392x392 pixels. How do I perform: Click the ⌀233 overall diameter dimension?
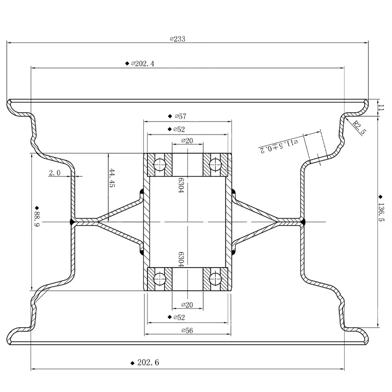[178, 39]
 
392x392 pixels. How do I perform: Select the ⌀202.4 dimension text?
[143, 64]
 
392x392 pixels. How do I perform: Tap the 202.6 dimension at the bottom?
[148, 363]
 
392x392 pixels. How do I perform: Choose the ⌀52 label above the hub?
[179, 129]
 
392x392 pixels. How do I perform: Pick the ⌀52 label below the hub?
[179, 317]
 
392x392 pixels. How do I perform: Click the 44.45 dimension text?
[112, 178]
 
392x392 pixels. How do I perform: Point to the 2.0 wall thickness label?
[54, 173]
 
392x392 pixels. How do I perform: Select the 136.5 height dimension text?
[381, 215]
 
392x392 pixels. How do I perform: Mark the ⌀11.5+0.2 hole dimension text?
[279, 145]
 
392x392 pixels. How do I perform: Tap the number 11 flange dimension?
[380, 108]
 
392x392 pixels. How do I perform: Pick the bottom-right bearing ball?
[216, 278]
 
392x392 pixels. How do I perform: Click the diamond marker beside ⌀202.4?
[127, 64]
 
